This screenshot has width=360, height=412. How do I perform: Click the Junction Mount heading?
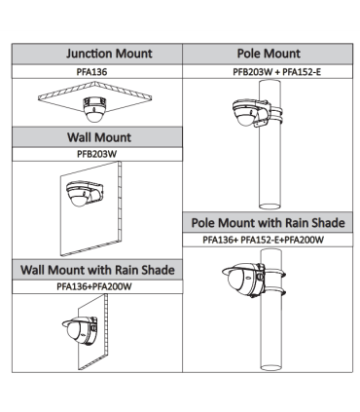[x=109, y=54]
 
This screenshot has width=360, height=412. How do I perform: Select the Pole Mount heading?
[x=269, y=54]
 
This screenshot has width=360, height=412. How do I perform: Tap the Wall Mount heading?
[x=99, y=137]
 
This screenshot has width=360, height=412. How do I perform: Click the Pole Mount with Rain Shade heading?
[x=268, y=223]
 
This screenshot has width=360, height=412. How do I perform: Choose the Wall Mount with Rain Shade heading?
[x=97, y=270]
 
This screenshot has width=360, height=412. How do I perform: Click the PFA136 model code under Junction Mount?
[x=91, y=72]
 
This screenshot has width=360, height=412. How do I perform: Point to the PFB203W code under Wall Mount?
[x=96, y=154]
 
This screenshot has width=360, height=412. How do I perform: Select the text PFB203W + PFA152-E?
[x=277, y=72]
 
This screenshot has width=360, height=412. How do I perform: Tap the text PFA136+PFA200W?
[x=94, y=286]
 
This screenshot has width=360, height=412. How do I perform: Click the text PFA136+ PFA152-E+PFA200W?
[x=263, y=240]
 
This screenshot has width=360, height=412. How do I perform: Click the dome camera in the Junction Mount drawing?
[x=94, y=109]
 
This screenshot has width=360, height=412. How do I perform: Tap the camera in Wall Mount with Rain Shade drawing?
[x=80, y=329]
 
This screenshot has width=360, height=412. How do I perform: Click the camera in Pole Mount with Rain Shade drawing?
[x=244, y=277]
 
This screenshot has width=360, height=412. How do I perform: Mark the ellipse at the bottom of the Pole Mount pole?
[x=270, y=206]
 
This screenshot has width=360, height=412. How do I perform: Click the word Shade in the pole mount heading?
[x=328, y=223]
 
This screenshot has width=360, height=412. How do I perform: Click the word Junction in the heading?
[x=89, y=54]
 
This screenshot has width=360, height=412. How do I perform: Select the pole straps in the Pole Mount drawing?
[x=274, y=114]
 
